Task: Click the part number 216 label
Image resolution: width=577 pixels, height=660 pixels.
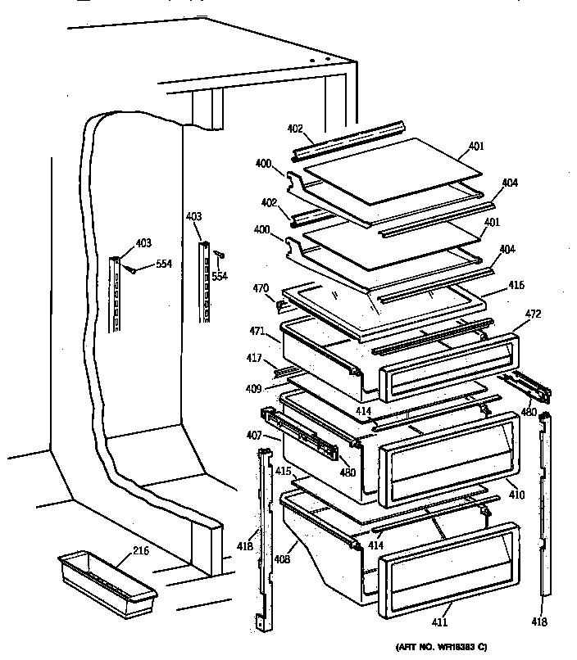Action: point(141,551)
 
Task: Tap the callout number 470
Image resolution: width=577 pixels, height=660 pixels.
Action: point(261,287)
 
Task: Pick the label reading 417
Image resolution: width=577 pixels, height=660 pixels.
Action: point(255,358)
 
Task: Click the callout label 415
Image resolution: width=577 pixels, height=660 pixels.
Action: point(283,471)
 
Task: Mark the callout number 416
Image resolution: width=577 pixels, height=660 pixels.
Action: point(516,285)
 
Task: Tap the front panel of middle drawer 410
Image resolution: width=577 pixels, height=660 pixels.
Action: point(448,458)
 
